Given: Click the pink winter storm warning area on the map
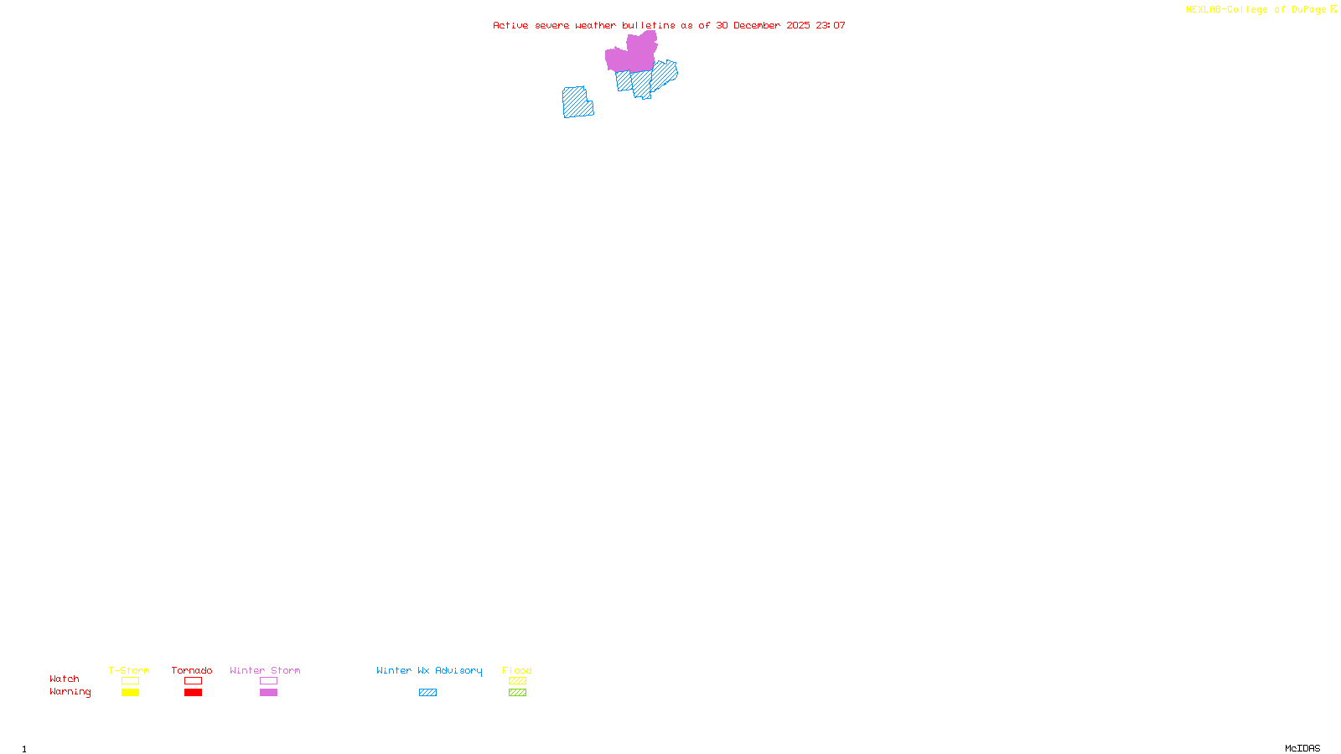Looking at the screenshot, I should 630,55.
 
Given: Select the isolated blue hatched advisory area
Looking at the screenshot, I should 577,102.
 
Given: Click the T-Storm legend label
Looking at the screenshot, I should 129,670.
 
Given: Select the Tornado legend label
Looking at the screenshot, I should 192,670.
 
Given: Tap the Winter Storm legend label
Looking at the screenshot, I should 265,670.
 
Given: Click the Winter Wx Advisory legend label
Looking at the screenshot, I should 429,670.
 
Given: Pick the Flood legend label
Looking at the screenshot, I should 517,670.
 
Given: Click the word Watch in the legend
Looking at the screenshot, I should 65,679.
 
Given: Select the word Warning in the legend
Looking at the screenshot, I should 70,692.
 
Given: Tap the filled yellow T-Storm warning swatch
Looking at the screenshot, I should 130,693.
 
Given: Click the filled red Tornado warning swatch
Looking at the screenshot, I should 193,693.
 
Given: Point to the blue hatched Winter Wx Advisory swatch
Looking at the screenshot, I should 427,693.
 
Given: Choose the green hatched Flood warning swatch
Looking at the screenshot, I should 517,693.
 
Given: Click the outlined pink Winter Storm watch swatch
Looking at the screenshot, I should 268,681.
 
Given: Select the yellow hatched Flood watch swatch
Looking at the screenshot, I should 517,681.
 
